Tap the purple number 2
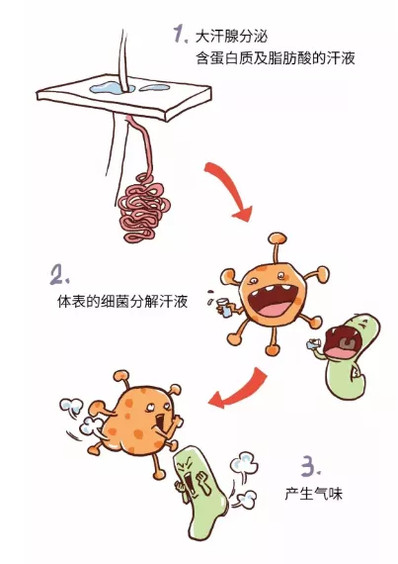coord(59,274)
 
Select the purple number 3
coord(310,467)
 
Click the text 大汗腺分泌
coord(231,37)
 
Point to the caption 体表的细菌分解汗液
coord(122,301)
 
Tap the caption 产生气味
coord(314,493)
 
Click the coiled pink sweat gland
coord(143,208)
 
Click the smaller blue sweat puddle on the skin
coord(155,87)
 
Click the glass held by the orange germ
coord(225,308)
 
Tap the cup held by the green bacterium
coord(312,344)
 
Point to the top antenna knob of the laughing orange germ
coord(278,237)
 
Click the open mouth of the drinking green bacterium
coord(340,340)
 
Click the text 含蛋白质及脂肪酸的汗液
coord(276,58)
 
